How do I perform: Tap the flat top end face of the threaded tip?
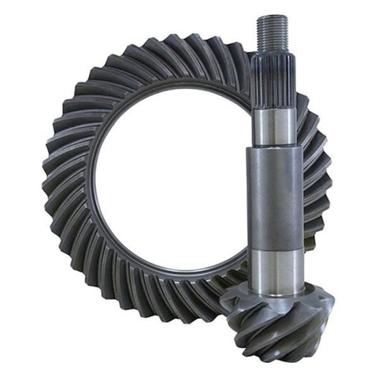272,16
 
